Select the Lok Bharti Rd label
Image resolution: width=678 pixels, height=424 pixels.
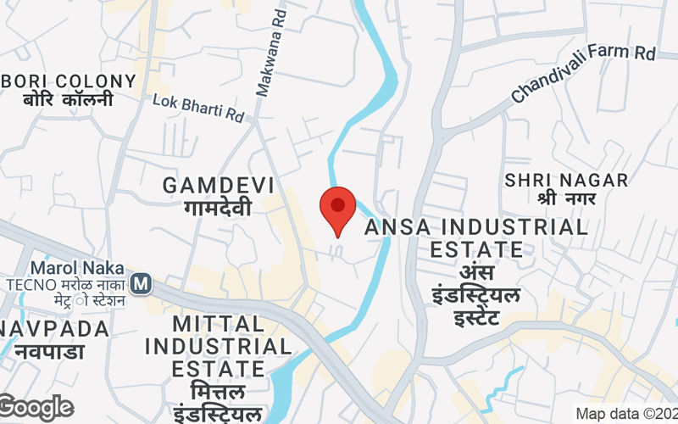[198, 108]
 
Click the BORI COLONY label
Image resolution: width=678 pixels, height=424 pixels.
[68, 81]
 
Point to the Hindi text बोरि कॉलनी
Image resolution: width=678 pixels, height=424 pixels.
[68, 101]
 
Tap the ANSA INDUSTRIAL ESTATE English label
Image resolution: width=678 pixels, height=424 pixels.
[475, 238]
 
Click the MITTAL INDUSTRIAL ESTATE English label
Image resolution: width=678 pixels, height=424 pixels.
[219, 346]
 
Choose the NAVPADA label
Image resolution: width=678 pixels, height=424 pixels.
[54, 328]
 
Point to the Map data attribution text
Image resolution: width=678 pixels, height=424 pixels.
[625, 414]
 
